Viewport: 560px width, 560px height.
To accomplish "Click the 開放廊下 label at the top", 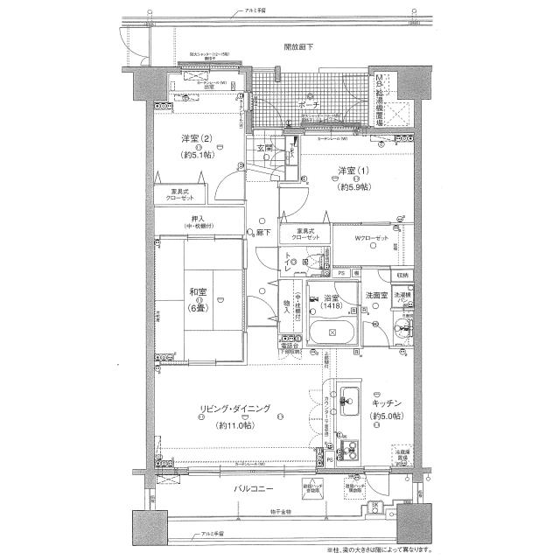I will click(x=299, y=46).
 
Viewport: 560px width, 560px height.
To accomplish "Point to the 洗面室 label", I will click(x=378, y=297).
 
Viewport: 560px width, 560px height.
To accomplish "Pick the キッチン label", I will click(x=385, y=402).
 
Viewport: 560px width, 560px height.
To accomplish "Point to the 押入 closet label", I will click(x=198, y=219).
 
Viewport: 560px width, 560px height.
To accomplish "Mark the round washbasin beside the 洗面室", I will click(x=402, y=332).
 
